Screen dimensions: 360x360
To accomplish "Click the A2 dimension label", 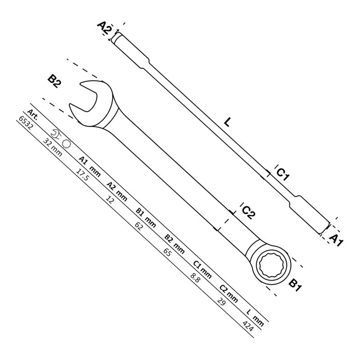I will pos(104,28).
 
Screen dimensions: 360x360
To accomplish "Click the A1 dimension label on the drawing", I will pos(337,239).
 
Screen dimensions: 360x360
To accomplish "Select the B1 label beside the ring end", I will pos(295,284).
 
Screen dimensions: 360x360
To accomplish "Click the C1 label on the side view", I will pos(283,174).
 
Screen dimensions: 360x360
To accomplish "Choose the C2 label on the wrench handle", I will pos(248,212).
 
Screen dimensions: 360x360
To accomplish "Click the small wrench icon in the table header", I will pos(57,133).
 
